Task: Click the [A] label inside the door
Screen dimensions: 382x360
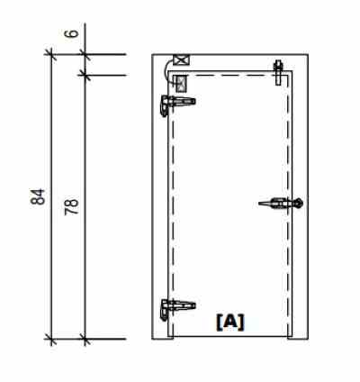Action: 229,320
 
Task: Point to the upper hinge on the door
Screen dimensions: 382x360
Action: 170,105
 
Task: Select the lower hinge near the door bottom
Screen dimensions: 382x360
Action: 170,308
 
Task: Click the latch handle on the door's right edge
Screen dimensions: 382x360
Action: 279,204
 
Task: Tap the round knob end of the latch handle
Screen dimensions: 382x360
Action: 300,204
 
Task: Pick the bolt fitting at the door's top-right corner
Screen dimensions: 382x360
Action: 279,68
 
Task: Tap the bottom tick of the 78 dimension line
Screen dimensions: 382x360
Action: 85,340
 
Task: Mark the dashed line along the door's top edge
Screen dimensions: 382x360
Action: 234,76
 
